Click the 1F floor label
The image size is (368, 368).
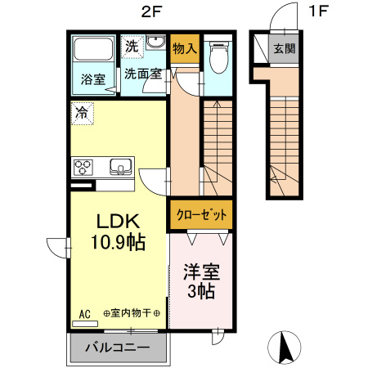[x=317, y=11]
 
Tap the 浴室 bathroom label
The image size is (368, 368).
[x=92, y=79]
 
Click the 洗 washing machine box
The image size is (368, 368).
[x=132, y=46]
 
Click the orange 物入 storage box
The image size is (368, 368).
[x=185, y=49]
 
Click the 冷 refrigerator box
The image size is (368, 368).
[x=83, y=113]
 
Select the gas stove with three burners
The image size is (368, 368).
[x=85, y=168]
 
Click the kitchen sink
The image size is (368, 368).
[x=121, y=168]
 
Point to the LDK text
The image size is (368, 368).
[x=121, y=221]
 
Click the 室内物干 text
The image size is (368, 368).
[x=132, y=313]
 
